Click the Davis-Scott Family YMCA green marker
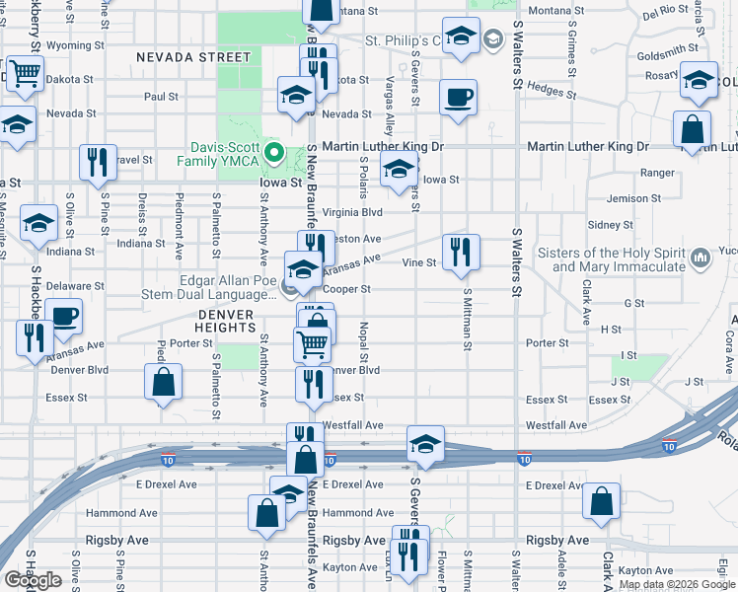(278, 155)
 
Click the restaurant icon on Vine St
(461, 253)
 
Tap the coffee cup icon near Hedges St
(458, 98)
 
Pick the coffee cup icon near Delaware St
(64, 317)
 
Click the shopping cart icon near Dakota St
(25, 73)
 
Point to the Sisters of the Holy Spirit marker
(701, 259)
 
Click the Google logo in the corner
(33, 580)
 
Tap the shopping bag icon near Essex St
(164, 383)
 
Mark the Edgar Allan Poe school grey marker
(289, 288)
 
